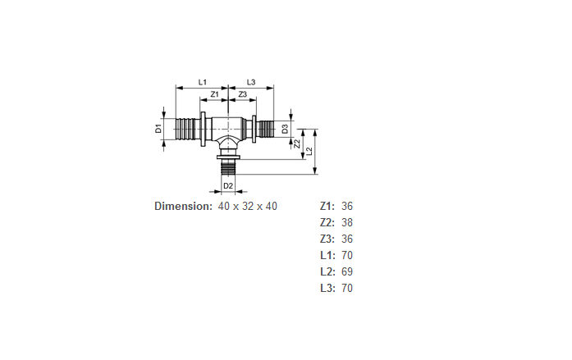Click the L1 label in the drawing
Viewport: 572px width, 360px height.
(x=202, y=82)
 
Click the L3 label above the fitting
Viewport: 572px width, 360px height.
(x=251, y=82)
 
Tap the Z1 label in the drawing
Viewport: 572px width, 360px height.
(x=214, y=94)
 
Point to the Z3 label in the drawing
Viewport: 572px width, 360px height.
(x=243, y=94)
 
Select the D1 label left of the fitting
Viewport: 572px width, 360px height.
(x=158, y=129)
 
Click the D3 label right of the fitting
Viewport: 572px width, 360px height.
(x=285, y=129)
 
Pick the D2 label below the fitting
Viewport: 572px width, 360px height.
(x=228, y=186)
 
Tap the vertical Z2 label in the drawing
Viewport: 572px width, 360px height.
(x=297, y=144)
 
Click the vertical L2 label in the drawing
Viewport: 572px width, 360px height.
(x=309, y=151)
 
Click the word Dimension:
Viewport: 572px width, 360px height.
(x=183, y=206)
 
